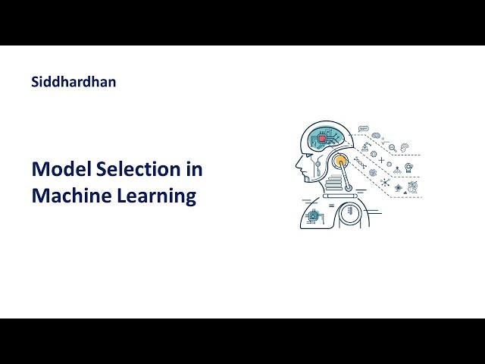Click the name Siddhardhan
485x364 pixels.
[x=74, y=81]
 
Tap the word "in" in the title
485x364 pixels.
[x=194, y=169]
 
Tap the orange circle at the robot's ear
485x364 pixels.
[x=340, y=161]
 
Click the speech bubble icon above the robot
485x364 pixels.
[x=363, y=129]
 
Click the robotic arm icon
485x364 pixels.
[x=366, y=143]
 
